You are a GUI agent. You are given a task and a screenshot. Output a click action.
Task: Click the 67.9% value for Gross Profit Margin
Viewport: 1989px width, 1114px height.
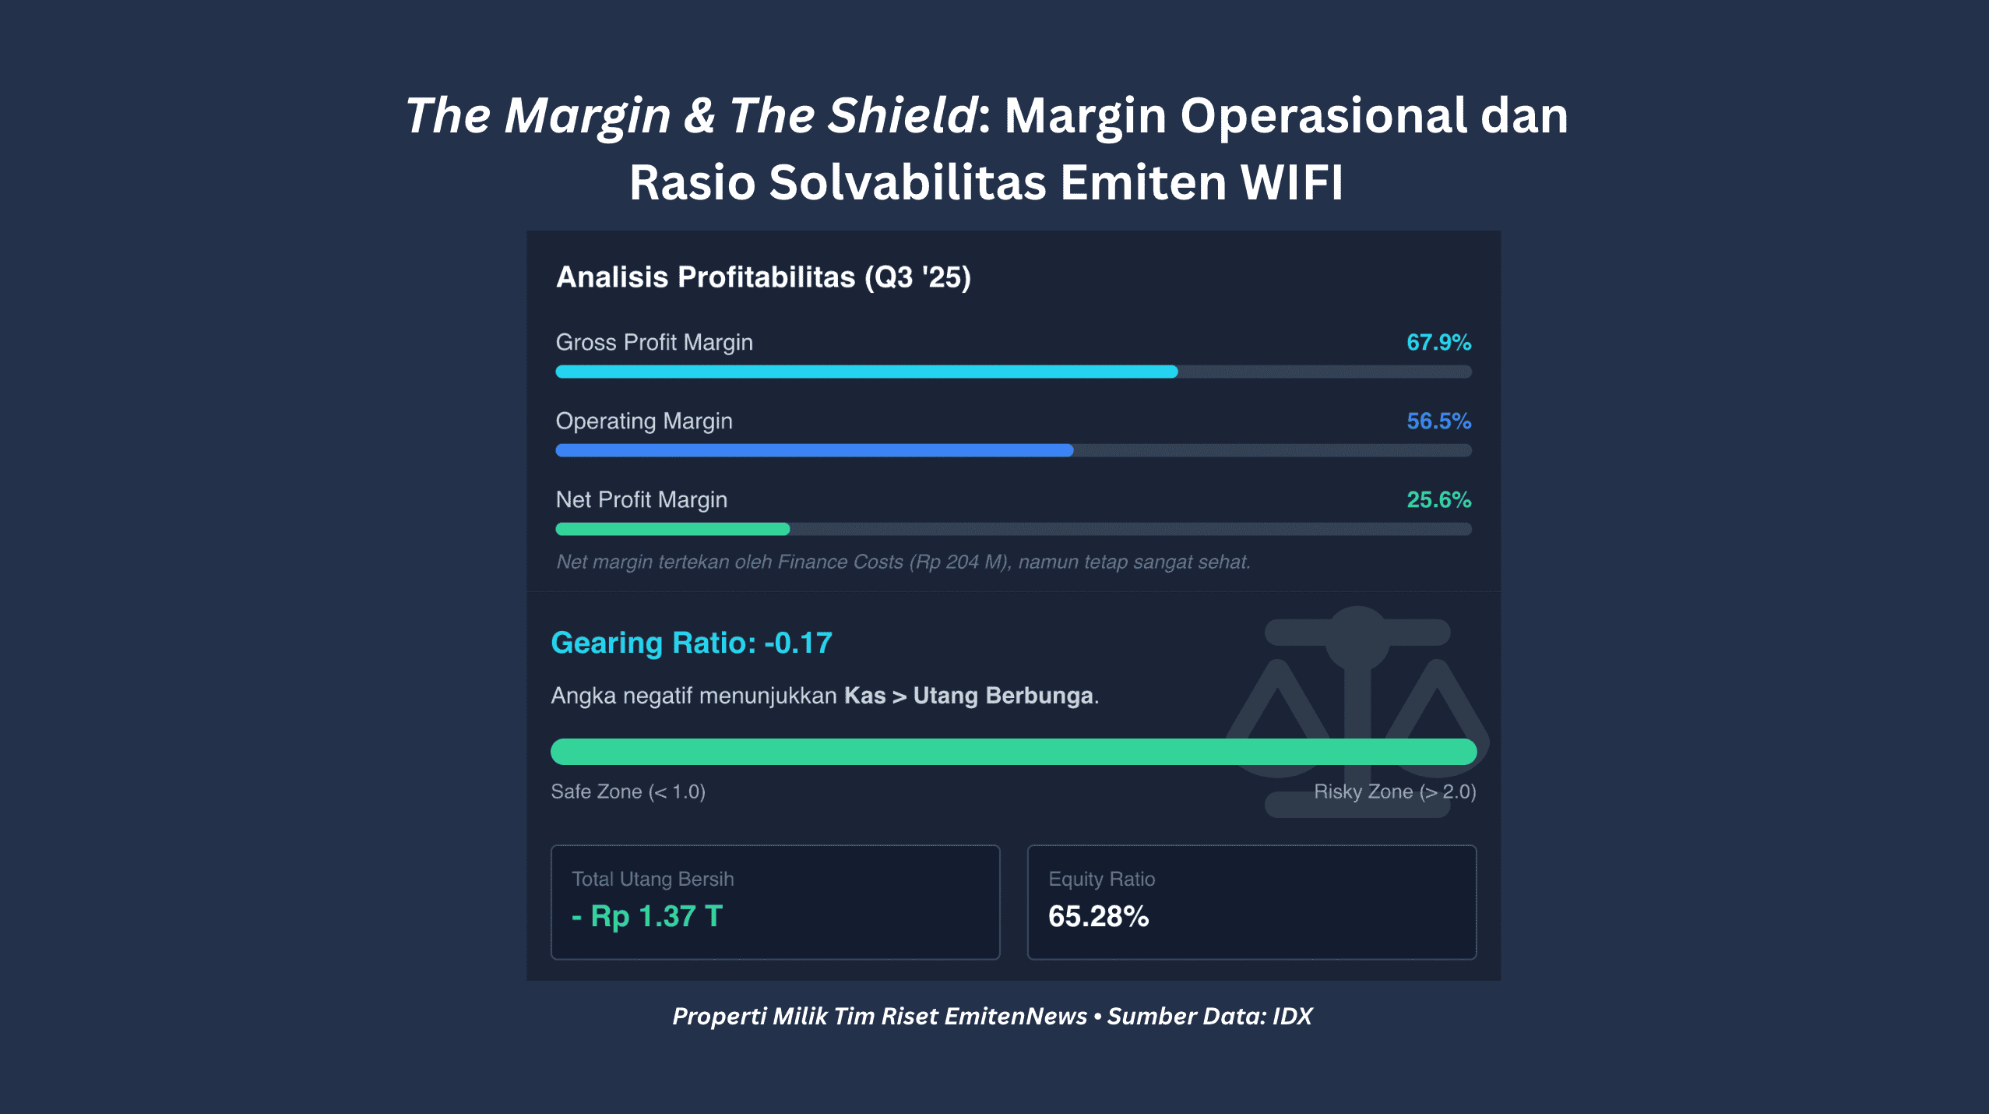pyautogui.click(x=1438, y=343)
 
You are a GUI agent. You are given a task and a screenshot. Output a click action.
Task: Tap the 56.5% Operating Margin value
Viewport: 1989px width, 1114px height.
pyautogui.click(x=1438, y=421)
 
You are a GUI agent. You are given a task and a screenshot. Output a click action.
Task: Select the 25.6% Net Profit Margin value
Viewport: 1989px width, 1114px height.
pyautogui.click(x=1438, y=500)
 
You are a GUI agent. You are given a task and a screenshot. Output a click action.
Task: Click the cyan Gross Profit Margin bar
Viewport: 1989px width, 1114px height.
pyautogui.click(x=866, y=372)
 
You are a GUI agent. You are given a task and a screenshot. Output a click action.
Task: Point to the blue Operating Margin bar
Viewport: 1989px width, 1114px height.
pyautogui.click(x=814, y=450)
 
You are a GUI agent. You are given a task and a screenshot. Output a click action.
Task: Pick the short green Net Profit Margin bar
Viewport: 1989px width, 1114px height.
pyautogui.click(x=672, y=530)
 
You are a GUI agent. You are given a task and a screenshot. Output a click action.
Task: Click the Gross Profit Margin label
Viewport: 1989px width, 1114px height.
pyautogui.click(x=654, y=343)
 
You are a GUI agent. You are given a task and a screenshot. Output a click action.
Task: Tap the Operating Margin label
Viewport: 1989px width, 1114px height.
pyautogui.click(x=644, y=421)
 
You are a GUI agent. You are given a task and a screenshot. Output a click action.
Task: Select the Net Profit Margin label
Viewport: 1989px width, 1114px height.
pyautogui.click(x=642, y=500)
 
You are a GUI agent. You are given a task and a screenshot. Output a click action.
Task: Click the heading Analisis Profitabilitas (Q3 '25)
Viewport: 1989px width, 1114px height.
pyautogui.click(x=763, y=277)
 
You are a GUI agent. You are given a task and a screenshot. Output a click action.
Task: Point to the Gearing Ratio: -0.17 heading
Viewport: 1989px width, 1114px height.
pyautogui.click(x=692, y=643)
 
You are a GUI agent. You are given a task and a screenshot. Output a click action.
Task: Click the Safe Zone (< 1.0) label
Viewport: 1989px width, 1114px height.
pyautogui.click(x=628, y=792)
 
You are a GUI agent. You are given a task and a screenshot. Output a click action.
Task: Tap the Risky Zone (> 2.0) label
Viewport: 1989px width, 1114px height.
pyautogui.click(x=1395, y=792)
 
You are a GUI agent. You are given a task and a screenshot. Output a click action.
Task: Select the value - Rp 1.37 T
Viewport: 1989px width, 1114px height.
pyautogui.click(x=647, y=917)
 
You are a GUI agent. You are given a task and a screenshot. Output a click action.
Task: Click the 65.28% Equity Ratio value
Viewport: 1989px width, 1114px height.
pyautogui.click(x=1098, y=917)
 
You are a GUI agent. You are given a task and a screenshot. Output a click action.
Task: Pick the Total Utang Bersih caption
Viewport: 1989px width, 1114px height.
pyautogui.click(x=653, y=880)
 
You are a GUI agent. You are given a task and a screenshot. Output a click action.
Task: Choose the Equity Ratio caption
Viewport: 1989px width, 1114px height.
pyautogui.click(x=1101, y=880)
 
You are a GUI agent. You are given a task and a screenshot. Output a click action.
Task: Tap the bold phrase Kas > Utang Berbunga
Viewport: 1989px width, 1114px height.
pyautogui.click(x=969, y=696)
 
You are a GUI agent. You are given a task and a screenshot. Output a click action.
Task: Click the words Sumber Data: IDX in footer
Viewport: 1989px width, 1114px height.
pyautogui.click(x=1209, y=1017)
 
